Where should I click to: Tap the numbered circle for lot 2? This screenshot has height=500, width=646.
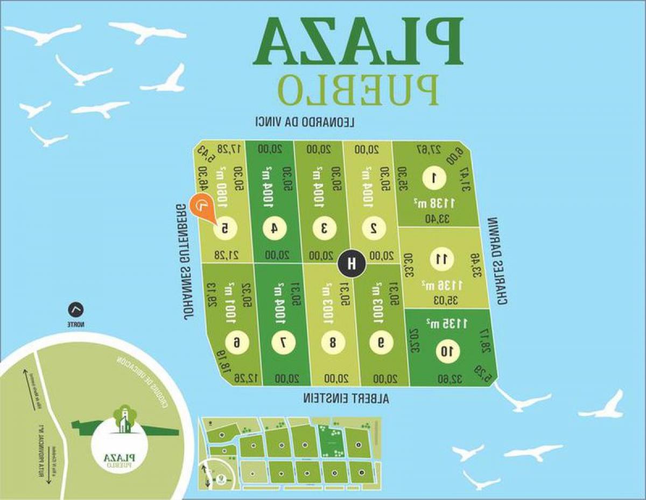[373, 228]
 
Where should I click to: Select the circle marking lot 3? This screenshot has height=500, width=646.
[324, 228]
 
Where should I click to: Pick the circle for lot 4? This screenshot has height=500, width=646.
[275, 228]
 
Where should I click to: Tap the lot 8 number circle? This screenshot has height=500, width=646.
[332, 342]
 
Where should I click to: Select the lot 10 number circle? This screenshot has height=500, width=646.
[448, 352]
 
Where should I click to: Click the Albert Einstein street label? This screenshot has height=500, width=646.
[346, 399]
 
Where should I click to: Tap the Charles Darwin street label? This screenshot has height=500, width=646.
[497, 261]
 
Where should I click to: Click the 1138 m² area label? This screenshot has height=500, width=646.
[435, 203]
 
